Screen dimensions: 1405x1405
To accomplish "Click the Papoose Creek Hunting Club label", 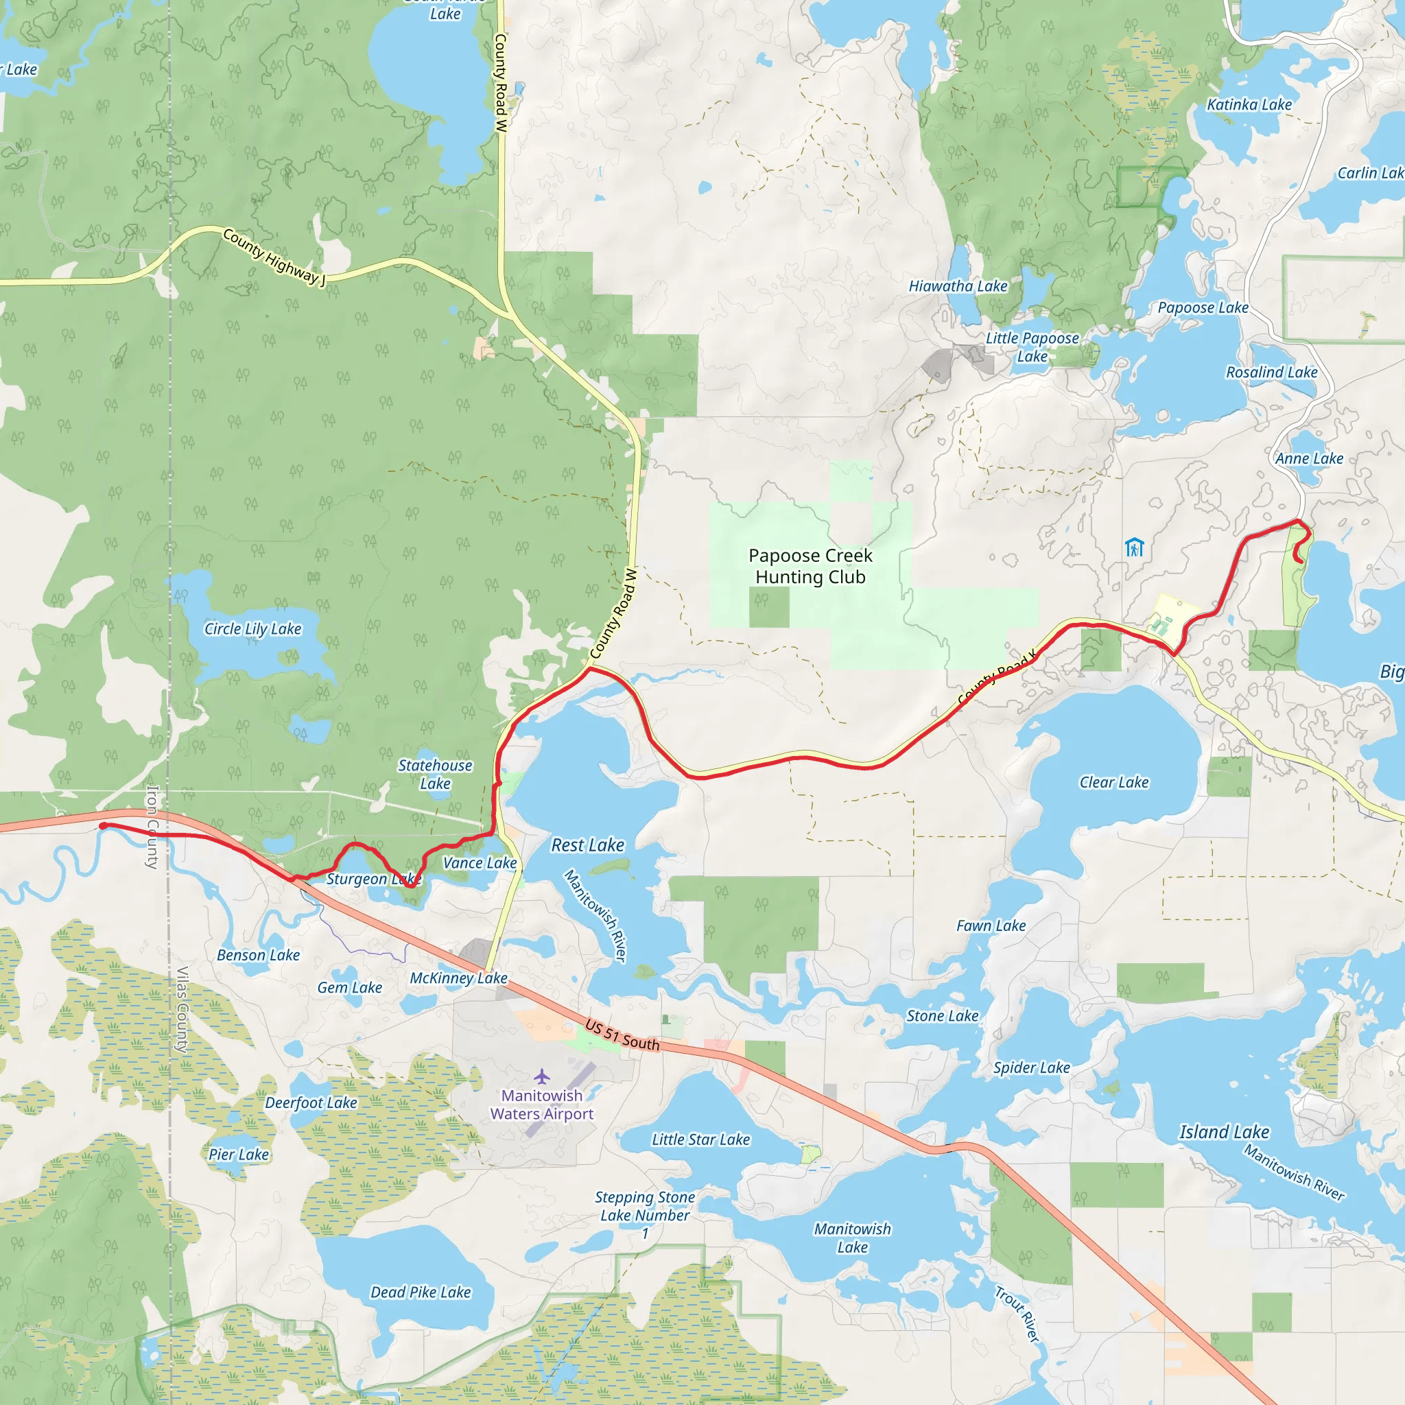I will tap(810, 567).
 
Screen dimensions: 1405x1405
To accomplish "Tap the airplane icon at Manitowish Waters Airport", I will tap(542, 1076).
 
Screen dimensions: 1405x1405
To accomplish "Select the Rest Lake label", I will tap(588, 845).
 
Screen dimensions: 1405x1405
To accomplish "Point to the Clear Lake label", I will tap(1113, 783).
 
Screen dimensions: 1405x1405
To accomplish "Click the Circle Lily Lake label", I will tap(252, 629).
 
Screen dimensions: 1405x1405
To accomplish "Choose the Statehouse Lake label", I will tap(435, 775).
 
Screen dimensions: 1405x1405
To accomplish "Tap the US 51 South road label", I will tap(622, 1035).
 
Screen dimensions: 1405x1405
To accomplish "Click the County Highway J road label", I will tap(274, 257).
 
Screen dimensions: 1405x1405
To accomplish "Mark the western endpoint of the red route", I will tap(104, 825).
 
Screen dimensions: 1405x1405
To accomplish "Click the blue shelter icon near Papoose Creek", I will tap(1134, 547).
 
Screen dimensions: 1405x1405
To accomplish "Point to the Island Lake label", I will tap(1224, 1132).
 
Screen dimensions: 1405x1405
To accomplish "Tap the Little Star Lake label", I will tap(700, 1140).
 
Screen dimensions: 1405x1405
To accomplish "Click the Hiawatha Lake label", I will tap(958, 287).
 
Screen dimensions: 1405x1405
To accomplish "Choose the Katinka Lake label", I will tap(1249, 105).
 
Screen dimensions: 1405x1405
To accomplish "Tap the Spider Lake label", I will tap(1031, 1067).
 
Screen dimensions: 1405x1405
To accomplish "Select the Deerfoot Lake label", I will tap(311, 1103).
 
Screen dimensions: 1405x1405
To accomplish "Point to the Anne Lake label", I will tap(1309, 459).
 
